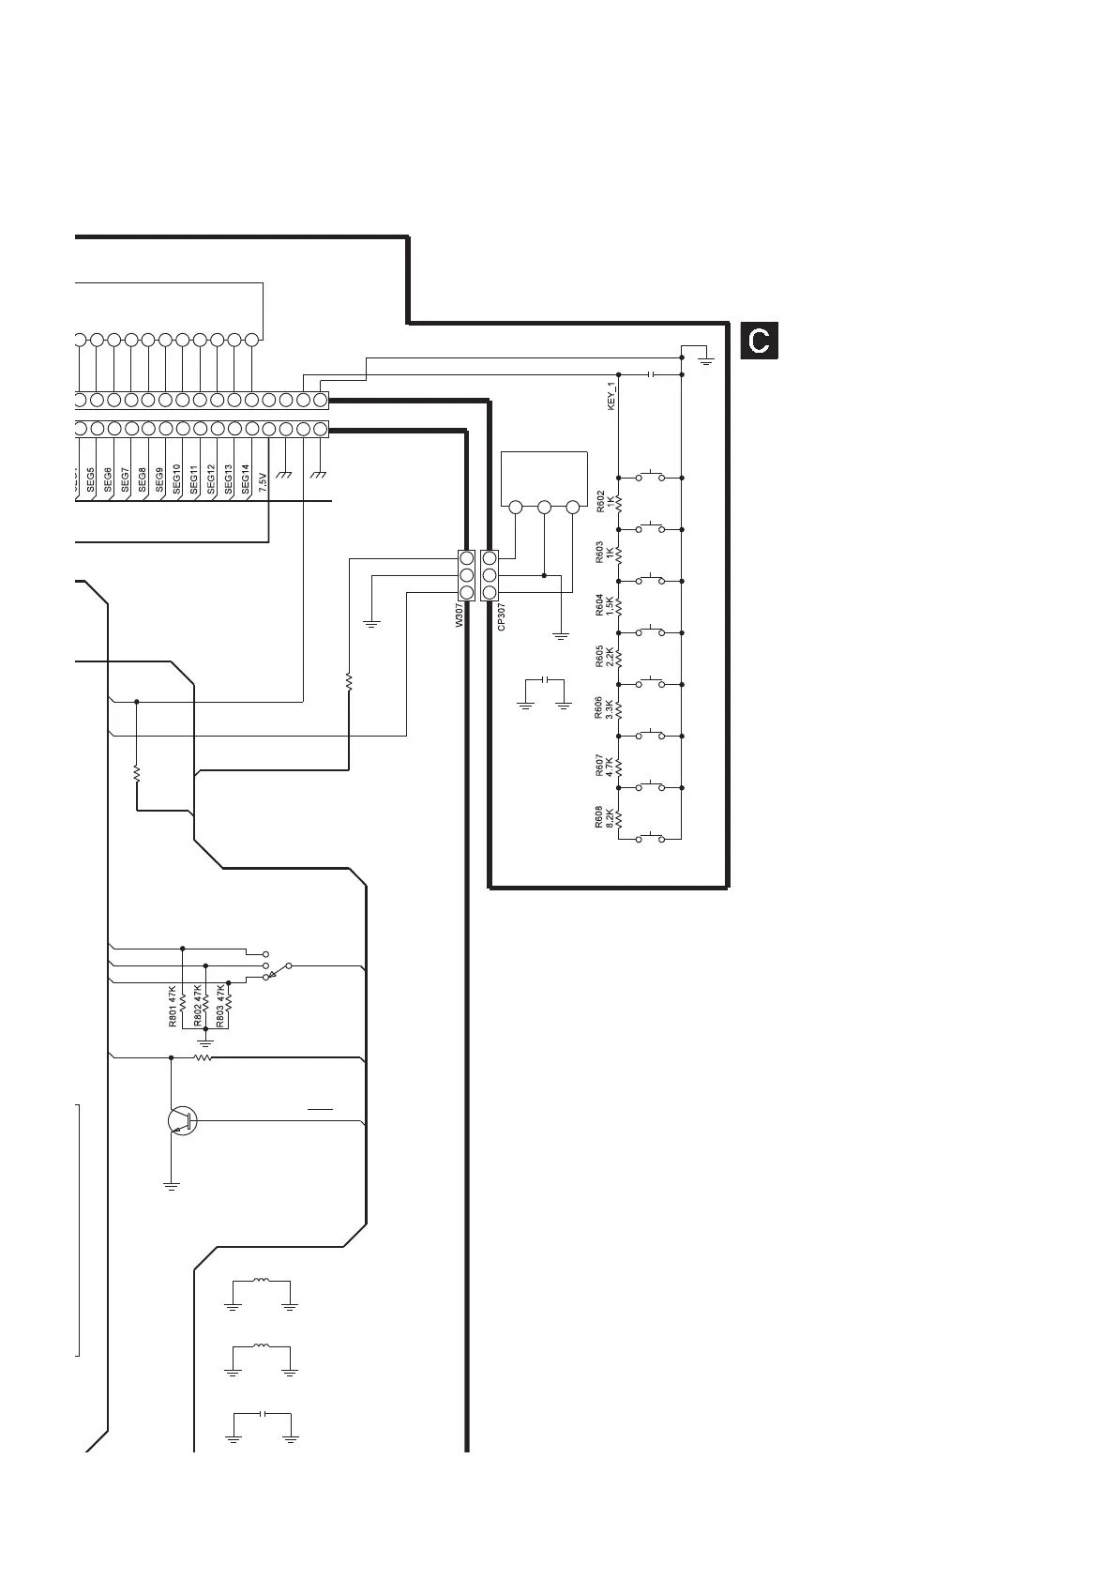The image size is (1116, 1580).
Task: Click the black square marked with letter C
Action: (x=760, y=342)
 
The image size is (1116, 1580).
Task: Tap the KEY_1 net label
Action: (x=611, y=395)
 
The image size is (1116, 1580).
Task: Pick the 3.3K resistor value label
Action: (x=611, y=709)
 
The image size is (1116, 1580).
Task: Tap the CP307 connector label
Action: (x=502, y=616)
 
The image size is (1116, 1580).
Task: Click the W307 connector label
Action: (x=460, y=615)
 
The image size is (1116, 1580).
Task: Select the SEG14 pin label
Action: (x=245, y=479)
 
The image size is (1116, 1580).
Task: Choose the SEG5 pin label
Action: (x=91, y=480)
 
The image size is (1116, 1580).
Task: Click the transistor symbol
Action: (x=181, y=1120)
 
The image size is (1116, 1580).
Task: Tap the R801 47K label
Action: (x=173, y=1006)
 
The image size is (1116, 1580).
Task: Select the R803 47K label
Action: (x=220, y=1006)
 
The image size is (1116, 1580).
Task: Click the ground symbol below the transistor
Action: (x=171, y=1186)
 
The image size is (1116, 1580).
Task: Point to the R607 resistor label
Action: (x=600, y=767)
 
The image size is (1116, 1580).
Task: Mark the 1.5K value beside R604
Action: (x=611, y=605)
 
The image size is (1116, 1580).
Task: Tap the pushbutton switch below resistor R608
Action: (x=650, y=837)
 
